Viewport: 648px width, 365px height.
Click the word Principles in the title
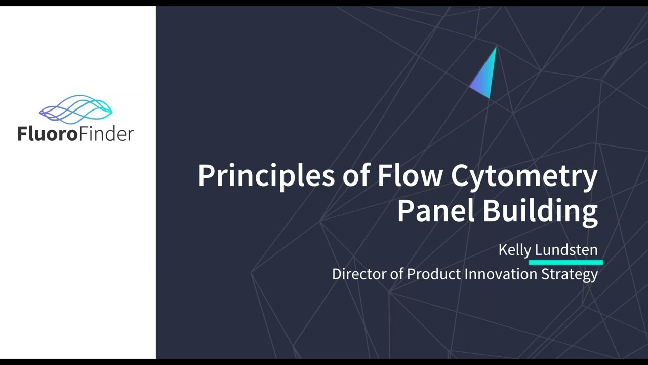coord(266,176)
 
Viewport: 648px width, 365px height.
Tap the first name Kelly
coord(514,250)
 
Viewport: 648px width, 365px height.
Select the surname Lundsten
coord(566,249)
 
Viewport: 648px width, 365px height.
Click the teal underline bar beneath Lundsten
coord(565,263)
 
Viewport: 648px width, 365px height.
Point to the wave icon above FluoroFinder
coord(76,109)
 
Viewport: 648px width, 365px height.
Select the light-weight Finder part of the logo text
coord(106,134)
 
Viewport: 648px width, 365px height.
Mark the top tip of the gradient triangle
coord(496,47)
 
